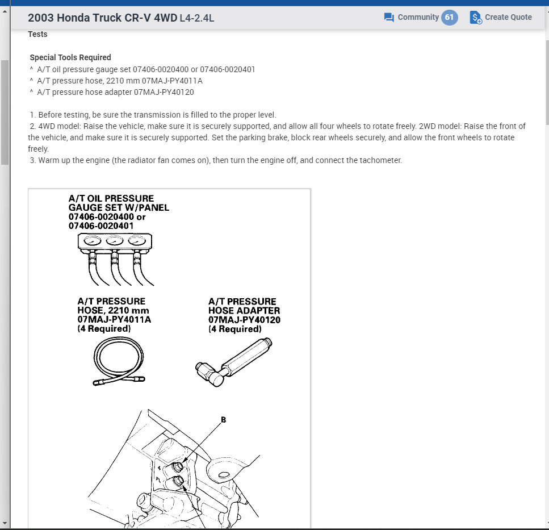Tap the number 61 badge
449,17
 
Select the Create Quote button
501,17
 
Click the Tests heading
38,34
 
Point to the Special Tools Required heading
70,57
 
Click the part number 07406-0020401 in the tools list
227,69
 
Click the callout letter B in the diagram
223,420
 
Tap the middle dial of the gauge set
113,241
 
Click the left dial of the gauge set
91,241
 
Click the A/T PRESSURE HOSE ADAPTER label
244,306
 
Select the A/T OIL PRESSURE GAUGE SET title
111,203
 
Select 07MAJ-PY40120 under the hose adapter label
244,320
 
